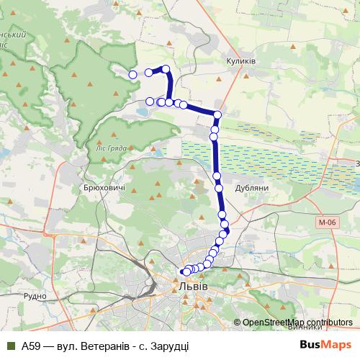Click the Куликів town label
coord(240,61)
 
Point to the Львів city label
coord(192,287)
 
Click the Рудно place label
coord(35,295)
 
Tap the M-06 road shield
coord(326,223)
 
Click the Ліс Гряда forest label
coord(112,148)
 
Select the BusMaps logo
coord(325,345)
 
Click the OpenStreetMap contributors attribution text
coord(298,323)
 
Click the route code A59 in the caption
coord(31,346)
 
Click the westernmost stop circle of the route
coord(132,74)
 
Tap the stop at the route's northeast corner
coord(217,114)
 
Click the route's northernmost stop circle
coord(166,69)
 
